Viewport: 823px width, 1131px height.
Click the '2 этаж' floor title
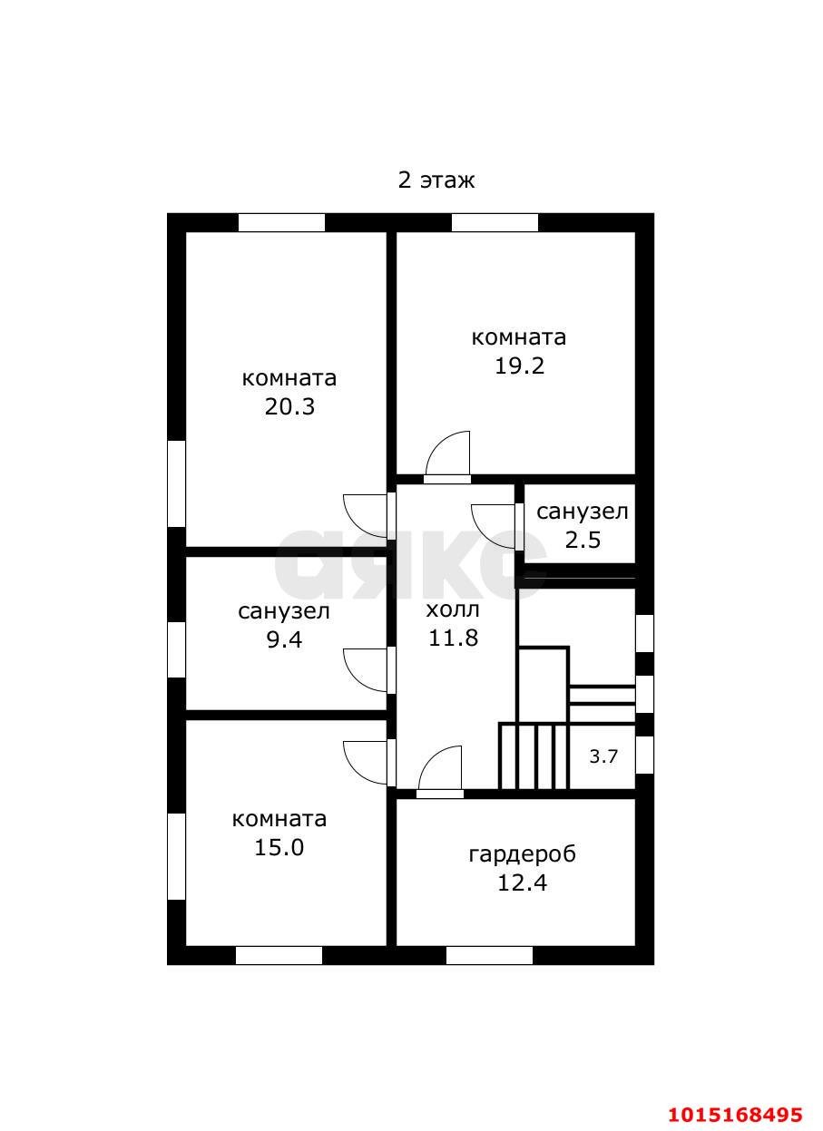[x=436, y=180]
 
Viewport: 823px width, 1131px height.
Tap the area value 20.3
[x=289, y=406]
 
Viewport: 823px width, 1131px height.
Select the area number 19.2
[x=519, y=366]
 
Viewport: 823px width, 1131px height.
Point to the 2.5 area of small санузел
[x=583, y=540]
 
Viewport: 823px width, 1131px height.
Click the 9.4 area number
[x=284, y=639]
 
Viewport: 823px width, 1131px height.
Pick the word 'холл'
[x=453, y=609]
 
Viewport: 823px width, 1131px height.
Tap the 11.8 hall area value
[x=453, y=638]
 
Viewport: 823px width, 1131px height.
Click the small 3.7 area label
[x=603, y=756]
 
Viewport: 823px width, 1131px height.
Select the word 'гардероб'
[x=523, y=854]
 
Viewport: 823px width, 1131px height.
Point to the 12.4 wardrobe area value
[x=523, y=882]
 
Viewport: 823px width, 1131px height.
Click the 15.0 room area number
[x=279, y=848]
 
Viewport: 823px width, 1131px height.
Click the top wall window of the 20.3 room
[x=281, y=223]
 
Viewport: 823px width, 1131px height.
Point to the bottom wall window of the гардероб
[x=489, y=955]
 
